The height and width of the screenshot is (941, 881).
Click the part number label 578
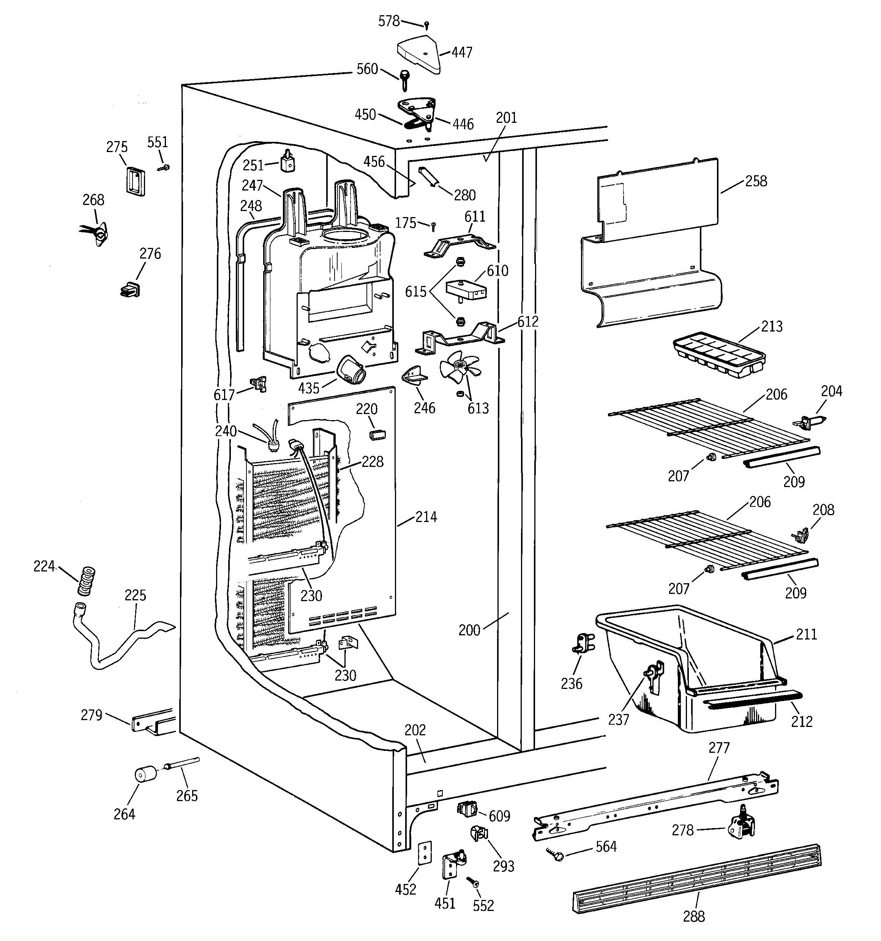[389, 21]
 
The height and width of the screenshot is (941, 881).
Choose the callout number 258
[756, 181]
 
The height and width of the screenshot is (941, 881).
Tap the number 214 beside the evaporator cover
[426, 517]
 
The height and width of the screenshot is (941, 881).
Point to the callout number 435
[309, 388]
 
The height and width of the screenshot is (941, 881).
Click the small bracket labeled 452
[426, 852]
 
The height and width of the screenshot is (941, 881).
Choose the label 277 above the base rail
[719, 748]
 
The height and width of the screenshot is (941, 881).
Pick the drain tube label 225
[135, 595]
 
